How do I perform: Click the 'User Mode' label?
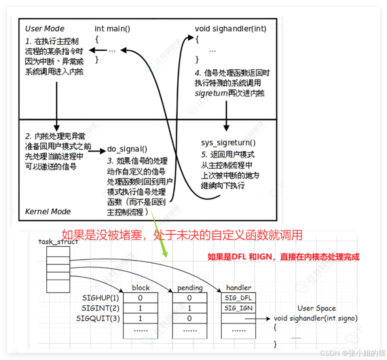pos(44,29)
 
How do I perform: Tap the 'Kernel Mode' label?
pos(47,211)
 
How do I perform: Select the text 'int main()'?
pos(112,29)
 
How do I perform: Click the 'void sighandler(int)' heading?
pos(230,29)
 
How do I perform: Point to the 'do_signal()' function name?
pos(127,149)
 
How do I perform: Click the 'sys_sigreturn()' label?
pos(228,143)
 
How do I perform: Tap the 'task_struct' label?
pos(58,241)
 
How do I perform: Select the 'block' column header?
pos(140,288)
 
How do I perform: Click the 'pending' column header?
pos(190,288)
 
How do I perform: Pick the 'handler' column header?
pos(239,288)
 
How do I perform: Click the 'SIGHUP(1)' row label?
pos(101,298)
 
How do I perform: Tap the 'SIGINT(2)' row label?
pos(101,308)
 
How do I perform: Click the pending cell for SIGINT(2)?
pos(190,308)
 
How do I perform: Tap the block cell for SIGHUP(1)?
pos(140,298)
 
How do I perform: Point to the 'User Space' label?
pos(317,308)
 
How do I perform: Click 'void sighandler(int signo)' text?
pos(315,318)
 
